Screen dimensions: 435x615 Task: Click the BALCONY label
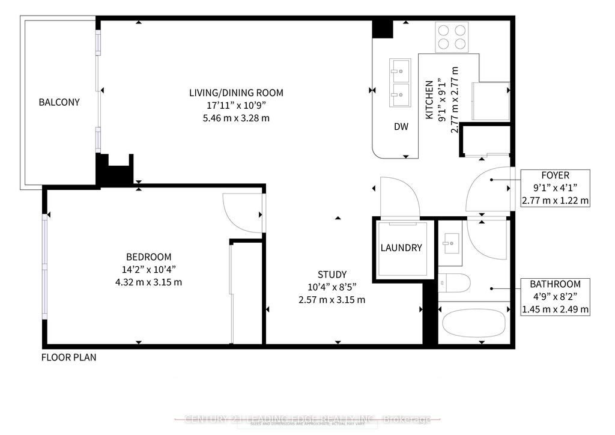tap(59, 102)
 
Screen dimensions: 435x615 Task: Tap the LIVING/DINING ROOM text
tap(236, 93)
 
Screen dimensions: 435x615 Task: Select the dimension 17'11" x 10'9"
tap(236, 105)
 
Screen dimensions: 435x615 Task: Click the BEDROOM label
tap(148, 256)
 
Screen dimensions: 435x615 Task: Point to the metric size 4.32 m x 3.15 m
tap(148, 281)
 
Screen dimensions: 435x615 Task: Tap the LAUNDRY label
tap(401, 248)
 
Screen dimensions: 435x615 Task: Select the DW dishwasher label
tap(401, 127)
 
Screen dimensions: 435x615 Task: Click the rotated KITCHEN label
tap(429, 100)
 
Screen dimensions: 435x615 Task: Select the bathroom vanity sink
tap(450, 244)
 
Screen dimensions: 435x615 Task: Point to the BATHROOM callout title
tap(555, 284)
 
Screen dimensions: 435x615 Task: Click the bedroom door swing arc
tap(240, 210)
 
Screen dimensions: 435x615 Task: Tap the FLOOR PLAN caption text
tap(68, 357)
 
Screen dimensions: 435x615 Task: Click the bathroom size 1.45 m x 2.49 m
tap(555, 309)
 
